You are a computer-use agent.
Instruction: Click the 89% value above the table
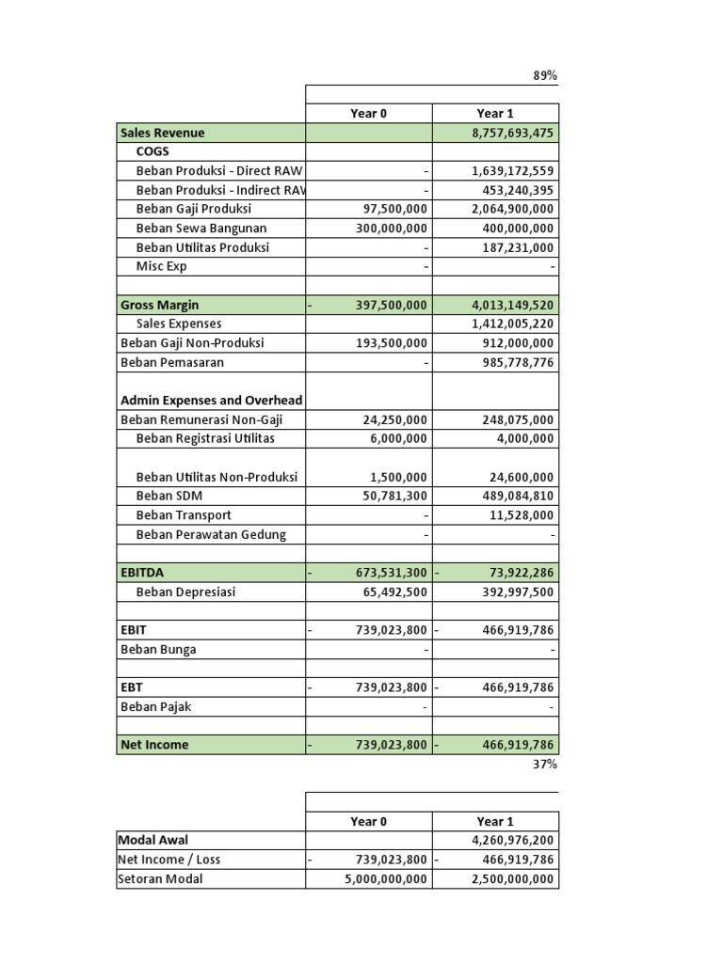pos(545,76)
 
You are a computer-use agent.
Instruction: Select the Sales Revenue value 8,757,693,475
pos(512,134)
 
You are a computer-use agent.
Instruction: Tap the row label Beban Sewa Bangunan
pos(201,229)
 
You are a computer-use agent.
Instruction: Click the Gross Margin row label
pos(160,306)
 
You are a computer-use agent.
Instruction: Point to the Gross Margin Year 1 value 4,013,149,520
pos(512,306)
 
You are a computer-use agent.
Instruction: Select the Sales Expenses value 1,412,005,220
pos(512,324)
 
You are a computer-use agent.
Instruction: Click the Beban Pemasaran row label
pos(172,362)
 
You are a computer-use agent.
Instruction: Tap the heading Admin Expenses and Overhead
pos(212,401)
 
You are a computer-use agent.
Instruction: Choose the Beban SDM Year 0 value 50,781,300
pos(394,497)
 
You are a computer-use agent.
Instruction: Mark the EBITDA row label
pos(142,572)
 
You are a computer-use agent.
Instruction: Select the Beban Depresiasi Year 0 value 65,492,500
pos(394,592)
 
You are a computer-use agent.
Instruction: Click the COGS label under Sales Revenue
pos(153,151)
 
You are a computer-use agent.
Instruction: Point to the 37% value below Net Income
pos(545,765)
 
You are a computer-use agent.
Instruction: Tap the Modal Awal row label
pos(153,840)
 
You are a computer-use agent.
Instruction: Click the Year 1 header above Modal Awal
pos(495,821)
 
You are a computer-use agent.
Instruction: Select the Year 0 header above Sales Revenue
pos(369,114)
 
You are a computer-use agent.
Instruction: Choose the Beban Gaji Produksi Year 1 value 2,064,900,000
pos(512,210)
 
